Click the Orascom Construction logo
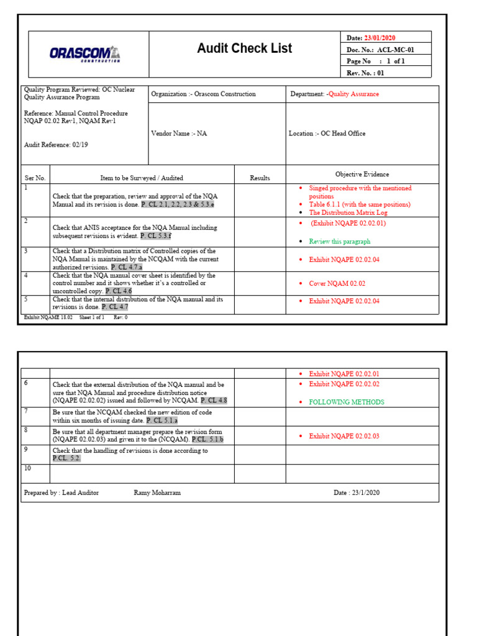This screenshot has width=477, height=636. coord(85,54)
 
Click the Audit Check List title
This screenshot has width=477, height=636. coord(244,48)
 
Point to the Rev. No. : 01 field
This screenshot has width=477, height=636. coord(366,73)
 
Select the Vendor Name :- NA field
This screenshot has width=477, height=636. coord(179,134)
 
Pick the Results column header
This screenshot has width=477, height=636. coord(260,178)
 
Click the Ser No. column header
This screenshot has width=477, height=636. coord(35,178)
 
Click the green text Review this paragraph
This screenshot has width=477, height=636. coord(340,242)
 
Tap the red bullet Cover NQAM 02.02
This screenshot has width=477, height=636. coord(337,284)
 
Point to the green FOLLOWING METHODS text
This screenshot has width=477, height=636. coord(347,402)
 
